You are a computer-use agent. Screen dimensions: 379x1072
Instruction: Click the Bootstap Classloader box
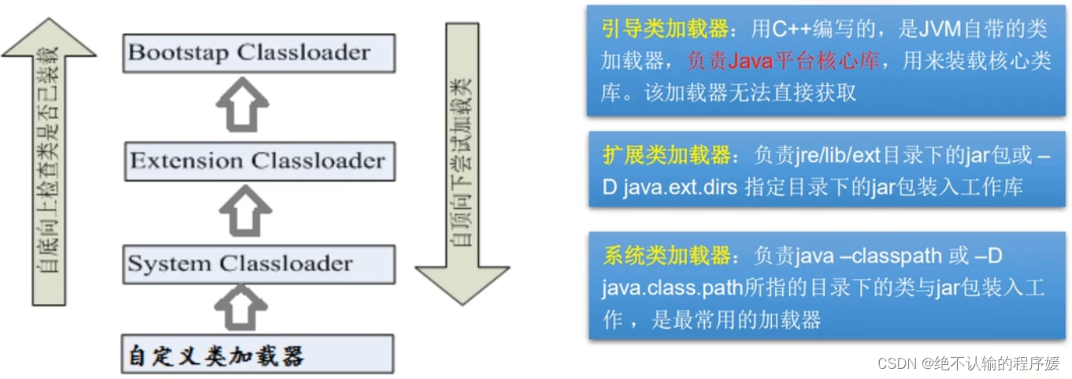tap(259, 54)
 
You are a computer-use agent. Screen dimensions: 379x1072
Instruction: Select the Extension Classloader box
tap(259, 162)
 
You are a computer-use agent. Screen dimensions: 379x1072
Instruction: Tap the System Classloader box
tap(259, 264)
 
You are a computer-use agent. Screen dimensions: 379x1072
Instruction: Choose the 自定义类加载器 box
tap(259, 355)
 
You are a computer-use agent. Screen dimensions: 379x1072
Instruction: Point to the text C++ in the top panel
tap(791, 30)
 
